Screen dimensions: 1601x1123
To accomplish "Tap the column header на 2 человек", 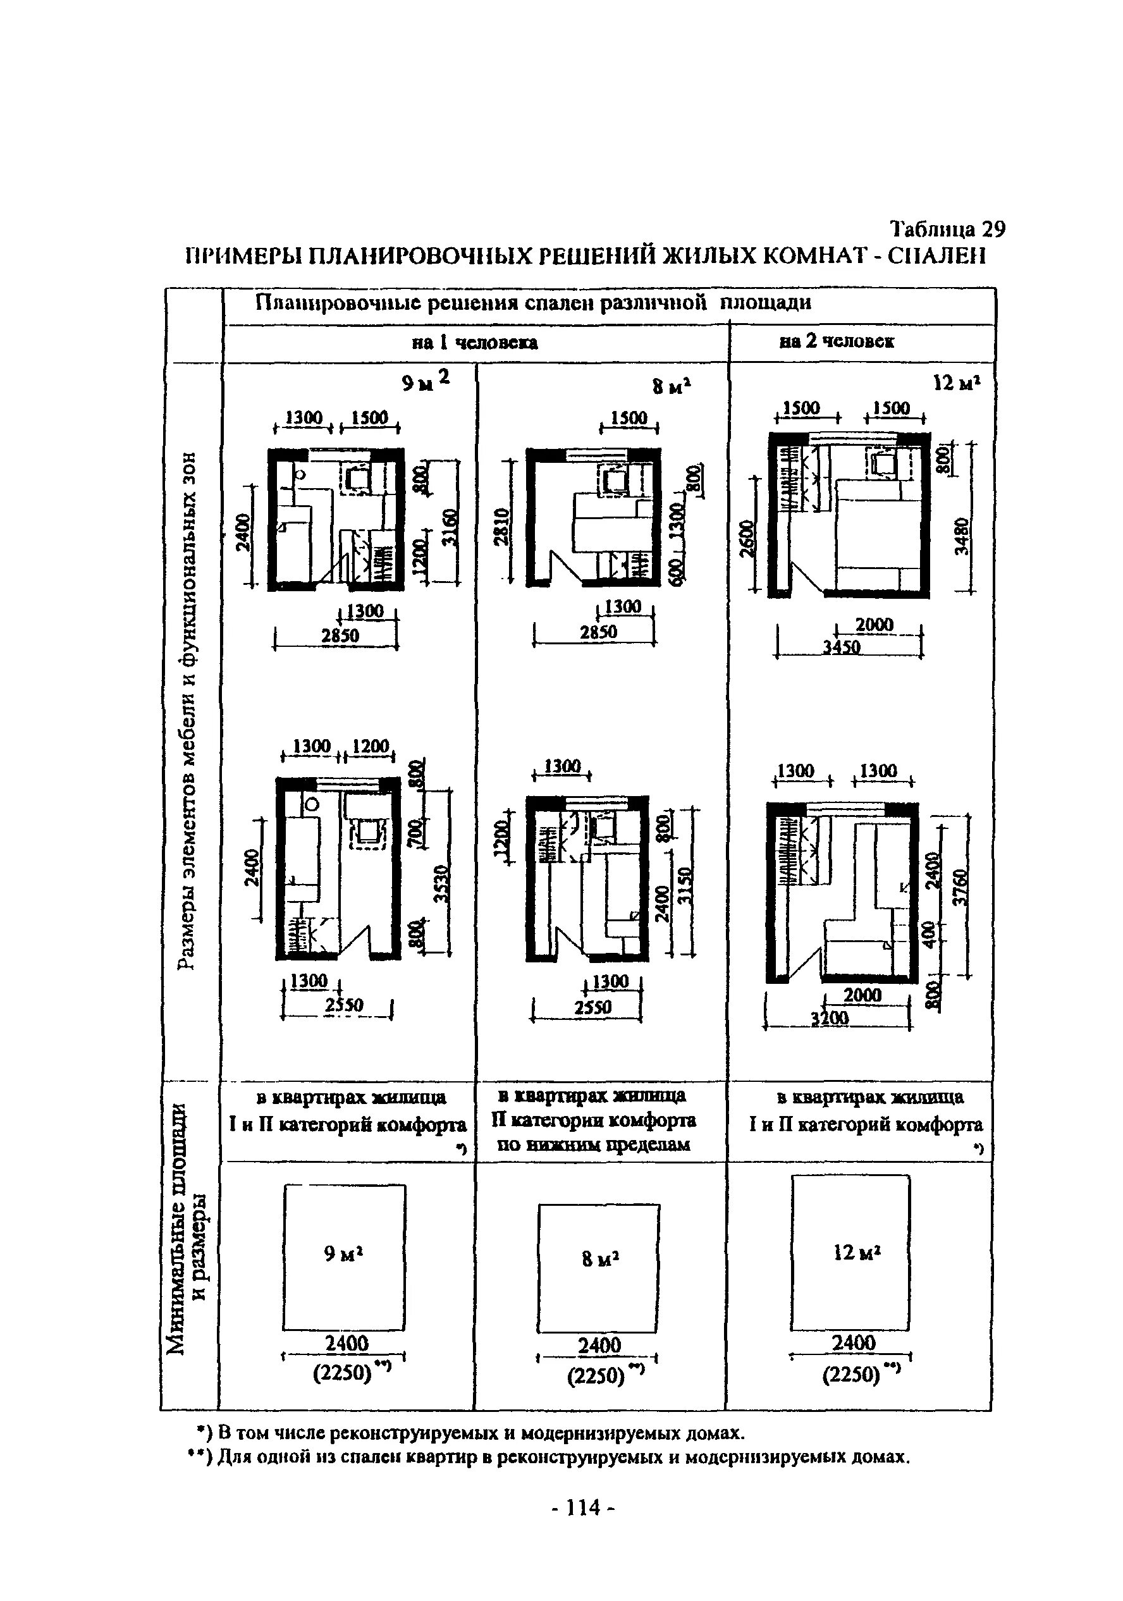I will click(837, 341).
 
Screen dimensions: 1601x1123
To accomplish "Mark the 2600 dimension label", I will click(746, 539).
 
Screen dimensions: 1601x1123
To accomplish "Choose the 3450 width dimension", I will click(841, 647).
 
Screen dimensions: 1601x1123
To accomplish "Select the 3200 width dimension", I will click(830, 1019).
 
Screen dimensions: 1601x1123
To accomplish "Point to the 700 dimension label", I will click(415, 830).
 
